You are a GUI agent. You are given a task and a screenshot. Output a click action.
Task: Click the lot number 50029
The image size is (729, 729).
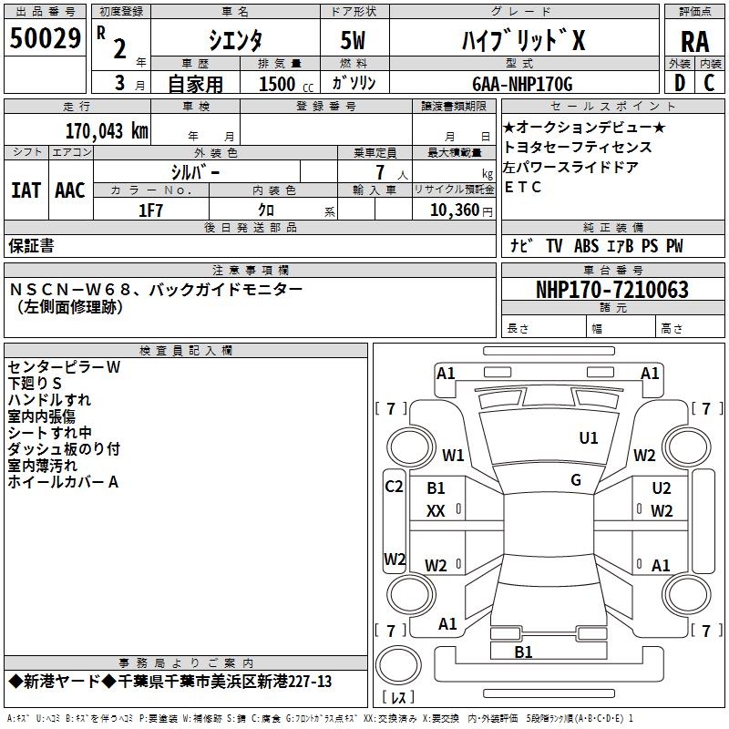point(45,38)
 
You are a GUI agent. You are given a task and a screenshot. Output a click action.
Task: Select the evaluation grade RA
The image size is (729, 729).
point(694,42)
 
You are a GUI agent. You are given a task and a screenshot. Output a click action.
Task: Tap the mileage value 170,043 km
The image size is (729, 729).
point(107,131)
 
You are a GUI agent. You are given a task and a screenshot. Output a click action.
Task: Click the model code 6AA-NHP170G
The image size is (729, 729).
point(522,84)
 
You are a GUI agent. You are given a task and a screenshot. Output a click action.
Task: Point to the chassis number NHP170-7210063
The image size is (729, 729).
point(611,290)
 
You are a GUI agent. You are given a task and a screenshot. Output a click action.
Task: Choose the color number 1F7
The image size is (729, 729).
point(150,210)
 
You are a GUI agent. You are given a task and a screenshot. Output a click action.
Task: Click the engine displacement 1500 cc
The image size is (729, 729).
point(286,84)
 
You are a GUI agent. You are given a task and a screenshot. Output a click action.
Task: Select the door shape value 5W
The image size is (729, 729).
point(353,40)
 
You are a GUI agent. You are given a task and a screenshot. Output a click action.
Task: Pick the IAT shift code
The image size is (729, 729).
point(26,190)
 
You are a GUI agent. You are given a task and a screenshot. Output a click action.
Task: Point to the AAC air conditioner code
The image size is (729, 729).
point(70,190)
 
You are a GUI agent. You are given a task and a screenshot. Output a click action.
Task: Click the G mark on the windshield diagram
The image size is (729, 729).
point(576,480)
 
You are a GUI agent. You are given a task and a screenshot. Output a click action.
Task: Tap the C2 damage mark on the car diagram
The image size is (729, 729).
point(394,487)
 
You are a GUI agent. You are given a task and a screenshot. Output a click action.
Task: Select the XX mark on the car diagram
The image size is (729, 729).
point(436,511)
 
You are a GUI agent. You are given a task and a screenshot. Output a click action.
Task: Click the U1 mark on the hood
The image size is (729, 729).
point(589,438)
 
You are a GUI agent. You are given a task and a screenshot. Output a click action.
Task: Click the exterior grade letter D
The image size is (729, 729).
point(680,83)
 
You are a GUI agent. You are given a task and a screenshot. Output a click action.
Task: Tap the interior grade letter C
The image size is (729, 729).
point(709,83)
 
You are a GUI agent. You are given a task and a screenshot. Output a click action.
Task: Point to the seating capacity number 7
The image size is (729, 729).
point(380,172)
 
